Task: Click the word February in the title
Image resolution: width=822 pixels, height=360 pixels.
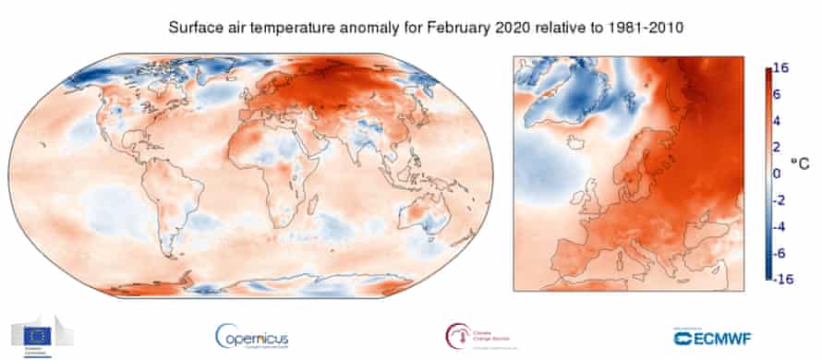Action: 448,28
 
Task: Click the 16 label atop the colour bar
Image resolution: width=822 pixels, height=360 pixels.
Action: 781,68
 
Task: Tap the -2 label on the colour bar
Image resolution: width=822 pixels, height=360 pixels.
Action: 780,199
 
